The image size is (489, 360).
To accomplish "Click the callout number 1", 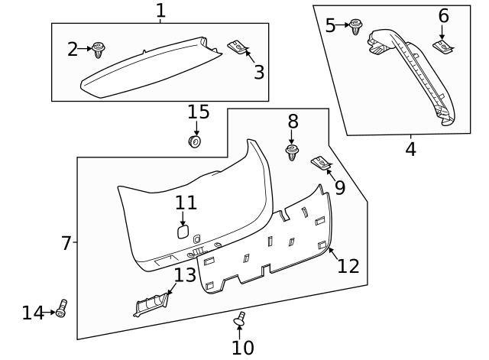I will point(160,11).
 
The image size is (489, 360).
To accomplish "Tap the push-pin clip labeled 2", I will point(99,50).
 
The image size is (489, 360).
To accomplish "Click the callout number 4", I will point(410,149).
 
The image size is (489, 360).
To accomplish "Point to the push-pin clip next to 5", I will point(355,26).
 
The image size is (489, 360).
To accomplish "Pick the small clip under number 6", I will point(442,47).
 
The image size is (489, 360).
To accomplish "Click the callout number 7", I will point(66,243).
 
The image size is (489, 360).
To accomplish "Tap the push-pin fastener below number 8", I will point(292,152).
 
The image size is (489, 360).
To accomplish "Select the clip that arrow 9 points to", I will point(320,163).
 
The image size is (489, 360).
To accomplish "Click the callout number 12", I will point(348,265).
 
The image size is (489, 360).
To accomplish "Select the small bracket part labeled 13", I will point(151,304).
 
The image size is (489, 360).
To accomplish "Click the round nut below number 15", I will point(195,141).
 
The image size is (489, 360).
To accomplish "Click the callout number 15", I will point(198,112).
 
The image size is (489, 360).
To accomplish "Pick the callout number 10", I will point(242,348).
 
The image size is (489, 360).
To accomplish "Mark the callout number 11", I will point(186,203).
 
